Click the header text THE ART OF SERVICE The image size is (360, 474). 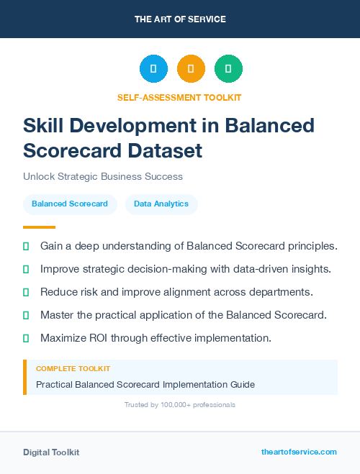click(x=180, y=19)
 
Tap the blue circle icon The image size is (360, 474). click(x=153, y=69)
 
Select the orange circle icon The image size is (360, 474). click(x=191, y=69)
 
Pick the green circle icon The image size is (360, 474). click(x=228, y=69)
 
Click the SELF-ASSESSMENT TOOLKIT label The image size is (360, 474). click(x=179, y=97)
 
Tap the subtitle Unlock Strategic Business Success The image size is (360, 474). click(x=103, y=176)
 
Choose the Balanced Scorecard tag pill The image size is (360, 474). click(x=70, y=204)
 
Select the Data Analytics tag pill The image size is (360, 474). click(x=161, y=204)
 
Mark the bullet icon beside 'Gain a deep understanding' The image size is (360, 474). click(x=26, y=246)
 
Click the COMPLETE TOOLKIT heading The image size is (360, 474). click(x=73, y=369)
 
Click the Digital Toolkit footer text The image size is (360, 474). click(x=51, y=452)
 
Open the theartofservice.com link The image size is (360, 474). click(x=299, y=452)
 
